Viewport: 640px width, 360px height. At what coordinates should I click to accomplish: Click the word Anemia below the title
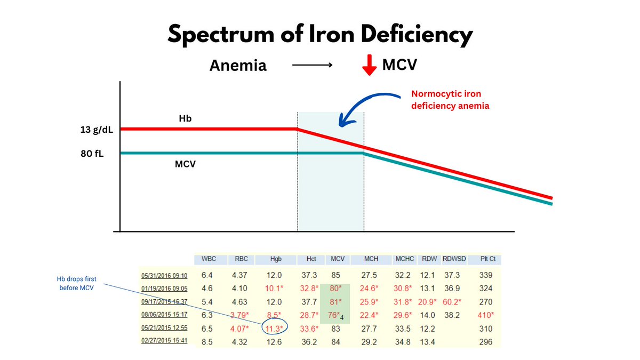coord(238,65)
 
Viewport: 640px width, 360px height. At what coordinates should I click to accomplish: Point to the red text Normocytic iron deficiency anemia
coord(450,100)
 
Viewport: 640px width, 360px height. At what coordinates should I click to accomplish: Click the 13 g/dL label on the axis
coord(97,130)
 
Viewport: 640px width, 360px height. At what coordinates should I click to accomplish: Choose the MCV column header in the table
coord(337,259)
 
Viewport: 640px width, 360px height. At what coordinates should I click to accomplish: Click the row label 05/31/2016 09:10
coord(163,276)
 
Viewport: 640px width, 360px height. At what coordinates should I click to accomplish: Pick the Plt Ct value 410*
coord(485,316)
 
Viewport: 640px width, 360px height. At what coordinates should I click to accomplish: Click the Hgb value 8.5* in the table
coord(273,316)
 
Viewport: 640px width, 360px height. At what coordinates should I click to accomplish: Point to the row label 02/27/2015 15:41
coord(163,342)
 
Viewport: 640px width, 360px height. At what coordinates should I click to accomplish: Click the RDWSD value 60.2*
coord(454,302)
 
